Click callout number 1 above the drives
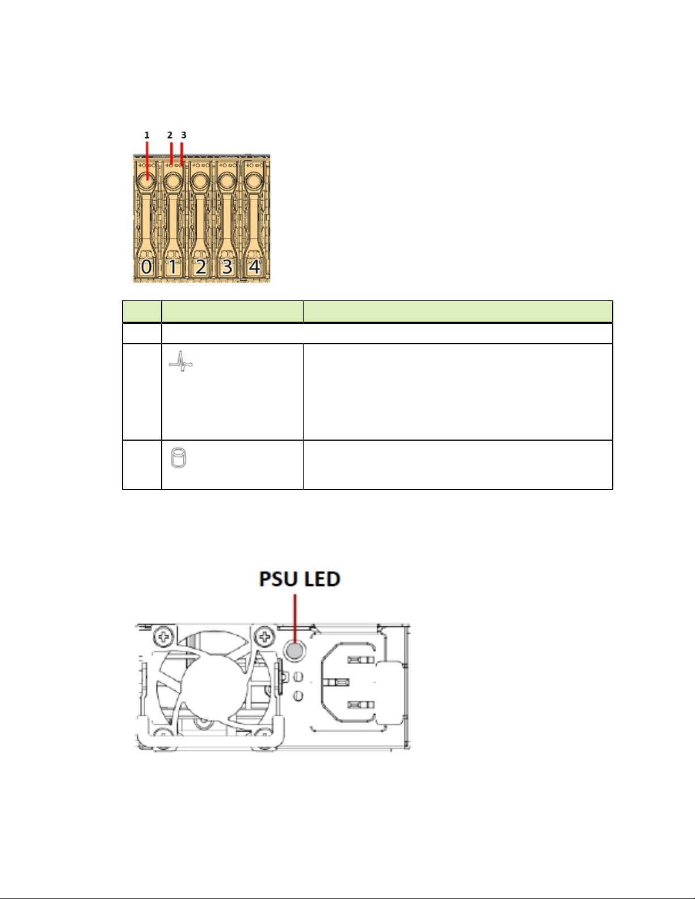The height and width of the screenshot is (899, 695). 146,135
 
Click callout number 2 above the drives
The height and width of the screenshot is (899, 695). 170,135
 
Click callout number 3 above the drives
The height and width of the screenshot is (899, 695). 184,135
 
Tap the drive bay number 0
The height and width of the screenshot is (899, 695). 146,267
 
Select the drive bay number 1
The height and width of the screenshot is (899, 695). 172,267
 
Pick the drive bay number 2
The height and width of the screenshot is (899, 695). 201,267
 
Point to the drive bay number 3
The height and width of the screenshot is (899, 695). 227,267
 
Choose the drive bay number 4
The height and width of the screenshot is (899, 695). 254,267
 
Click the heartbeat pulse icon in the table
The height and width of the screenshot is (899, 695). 180,362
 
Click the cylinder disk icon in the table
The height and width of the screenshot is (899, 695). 178,458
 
